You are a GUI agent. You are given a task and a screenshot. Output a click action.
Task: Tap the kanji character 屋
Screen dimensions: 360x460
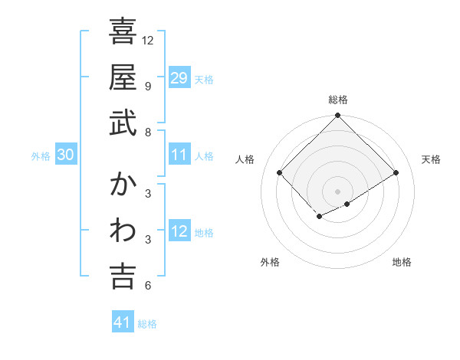(x=123, y=78)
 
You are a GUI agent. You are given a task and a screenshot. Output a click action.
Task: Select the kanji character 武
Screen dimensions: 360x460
(x=123, y=124)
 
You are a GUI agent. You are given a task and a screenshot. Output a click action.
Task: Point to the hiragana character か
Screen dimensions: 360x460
(x=123, y=185)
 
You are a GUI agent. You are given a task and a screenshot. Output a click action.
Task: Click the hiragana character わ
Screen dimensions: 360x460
(x=123, y=231)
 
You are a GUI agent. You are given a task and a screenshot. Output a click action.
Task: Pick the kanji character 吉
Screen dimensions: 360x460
(x=123, y=277)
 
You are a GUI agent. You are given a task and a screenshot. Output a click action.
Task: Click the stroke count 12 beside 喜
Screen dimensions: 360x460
(x=148, y=40)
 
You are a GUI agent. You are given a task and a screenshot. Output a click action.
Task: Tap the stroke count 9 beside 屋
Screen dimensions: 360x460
(x=147, y=86)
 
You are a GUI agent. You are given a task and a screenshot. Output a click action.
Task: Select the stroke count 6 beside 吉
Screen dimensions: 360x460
(x=147, y=286)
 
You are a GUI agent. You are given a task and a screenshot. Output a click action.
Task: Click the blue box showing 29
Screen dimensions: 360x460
(x=179, y=78)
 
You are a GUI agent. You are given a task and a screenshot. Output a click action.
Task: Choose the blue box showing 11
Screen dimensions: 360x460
(x=179, y=155)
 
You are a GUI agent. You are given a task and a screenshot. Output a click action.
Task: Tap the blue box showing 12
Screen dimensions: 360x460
(x=179, y=232)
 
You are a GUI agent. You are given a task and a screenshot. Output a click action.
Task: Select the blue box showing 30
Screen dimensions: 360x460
(x=65, y=155)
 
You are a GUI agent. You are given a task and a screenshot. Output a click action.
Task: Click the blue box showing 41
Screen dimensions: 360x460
(x=123, y=322)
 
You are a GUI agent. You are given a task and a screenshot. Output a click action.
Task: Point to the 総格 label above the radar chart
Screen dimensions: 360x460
(x=338, y=100)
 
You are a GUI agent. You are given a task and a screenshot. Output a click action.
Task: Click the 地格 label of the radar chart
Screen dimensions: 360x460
(x=402, y=263)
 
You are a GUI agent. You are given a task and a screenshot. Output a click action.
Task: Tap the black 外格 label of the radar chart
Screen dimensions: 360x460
(x=270, y=263)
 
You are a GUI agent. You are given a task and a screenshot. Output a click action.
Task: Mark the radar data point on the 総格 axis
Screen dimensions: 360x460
(x=337, y=116)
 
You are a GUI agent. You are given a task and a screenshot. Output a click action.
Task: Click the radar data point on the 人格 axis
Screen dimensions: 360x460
(x=280, y=173)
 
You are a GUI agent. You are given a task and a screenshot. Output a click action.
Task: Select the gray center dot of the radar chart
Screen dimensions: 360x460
(x=337, y=191)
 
